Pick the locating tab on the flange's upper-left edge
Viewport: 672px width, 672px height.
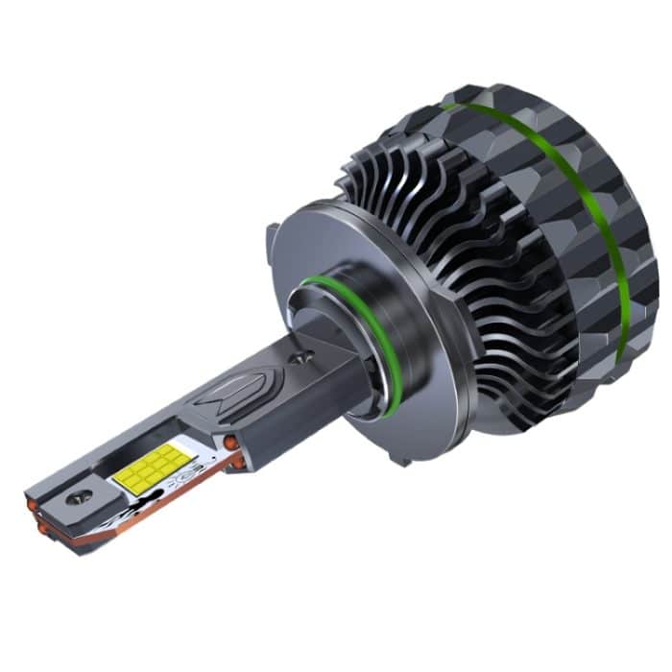(x=273, y=233)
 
